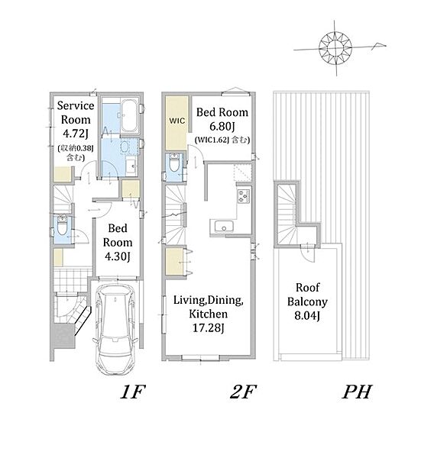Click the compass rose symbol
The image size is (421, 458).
335,47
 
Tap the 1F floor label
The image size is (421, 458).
133,392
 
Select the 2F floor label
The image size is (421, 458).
243,392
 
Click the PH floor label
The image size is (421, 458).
357,392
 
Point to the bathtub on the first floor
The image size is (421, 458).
129,116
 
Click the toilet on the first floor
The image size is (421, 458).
62,226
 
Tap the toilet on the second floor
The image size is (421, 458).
174,163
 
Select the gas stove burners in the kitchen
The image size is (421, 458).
244,195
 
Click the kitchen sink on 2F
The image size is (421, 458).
224,227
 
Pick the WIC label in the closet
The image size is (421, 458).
176,121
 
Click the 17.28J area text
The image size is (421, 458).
208,327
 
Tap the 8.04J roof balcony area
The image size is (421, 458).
307,315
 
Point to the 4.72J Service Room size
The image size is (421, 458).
76,134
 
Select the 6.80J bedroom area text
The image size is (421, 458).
222,126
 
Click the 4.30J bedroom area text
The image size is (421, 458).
117,256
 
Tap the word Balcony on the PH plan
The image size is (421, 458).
307,302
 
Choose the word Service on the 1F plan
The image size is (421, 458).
76,105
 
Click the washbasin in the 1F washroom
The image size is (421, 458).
131,166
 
